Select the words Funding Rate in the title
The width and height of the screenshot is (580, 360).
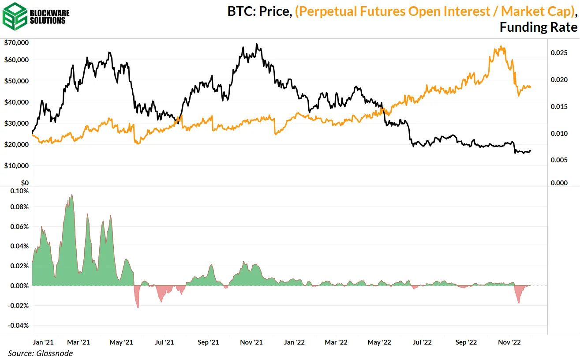(x=538, y=27)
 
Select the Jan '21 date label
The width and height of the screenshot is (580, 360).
(x=43, y=342)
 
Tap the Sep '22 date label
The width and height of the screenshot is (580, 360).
(x=466, y=342)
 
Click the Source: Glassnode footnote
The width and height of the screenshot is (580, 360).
(x=40, y=353)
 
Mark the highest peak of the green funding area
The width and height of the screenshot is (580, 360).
(x=71, y=195)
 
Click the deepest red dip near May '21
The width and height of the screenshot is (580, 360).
(x=138, y=307)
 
